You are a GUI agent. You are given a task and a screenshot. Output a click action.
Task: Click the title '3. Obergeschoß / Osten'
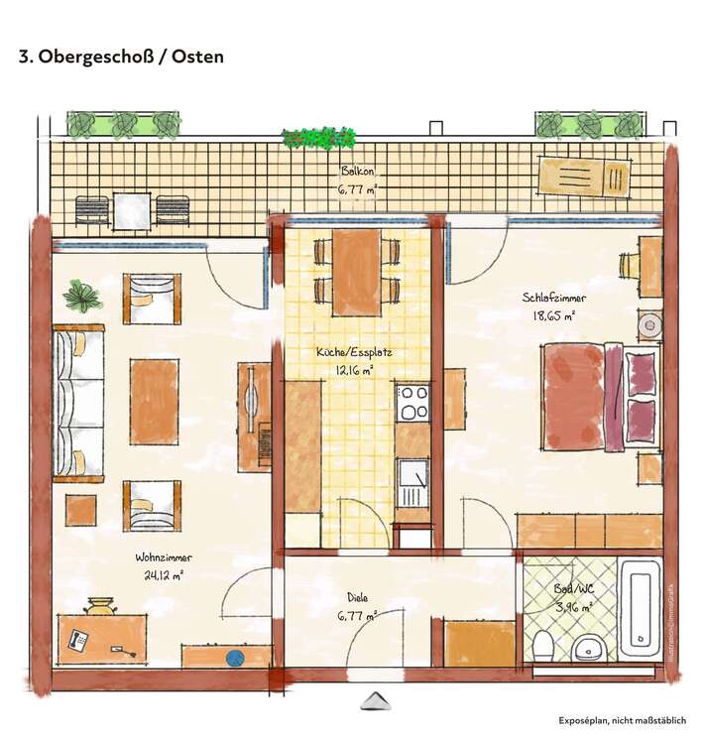coord(121,57)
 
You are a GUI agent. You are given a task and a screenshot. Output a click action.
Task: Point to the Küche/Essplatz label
coord(345,351)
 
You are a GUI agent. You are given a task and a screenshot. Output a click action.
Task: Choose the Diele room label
coord(357,597)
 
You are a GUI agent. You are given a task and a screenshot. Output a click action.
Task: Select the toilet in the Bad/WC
coord(542,646)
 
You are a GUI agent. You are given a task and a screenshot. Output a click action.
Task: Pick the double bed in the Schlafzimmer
coord(595,395)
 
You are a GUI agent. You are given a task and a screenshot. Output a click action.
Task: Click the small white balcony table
coord(131,210)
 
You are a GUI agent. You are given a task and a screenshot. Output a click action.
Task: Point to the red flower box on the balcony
coord(318,138)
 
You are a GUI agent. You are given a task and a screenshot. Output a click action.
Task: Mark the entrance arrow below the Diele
coord(374,701)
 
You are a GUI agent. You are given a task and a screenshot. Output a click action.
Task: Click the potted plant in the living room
coord(81,295)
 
